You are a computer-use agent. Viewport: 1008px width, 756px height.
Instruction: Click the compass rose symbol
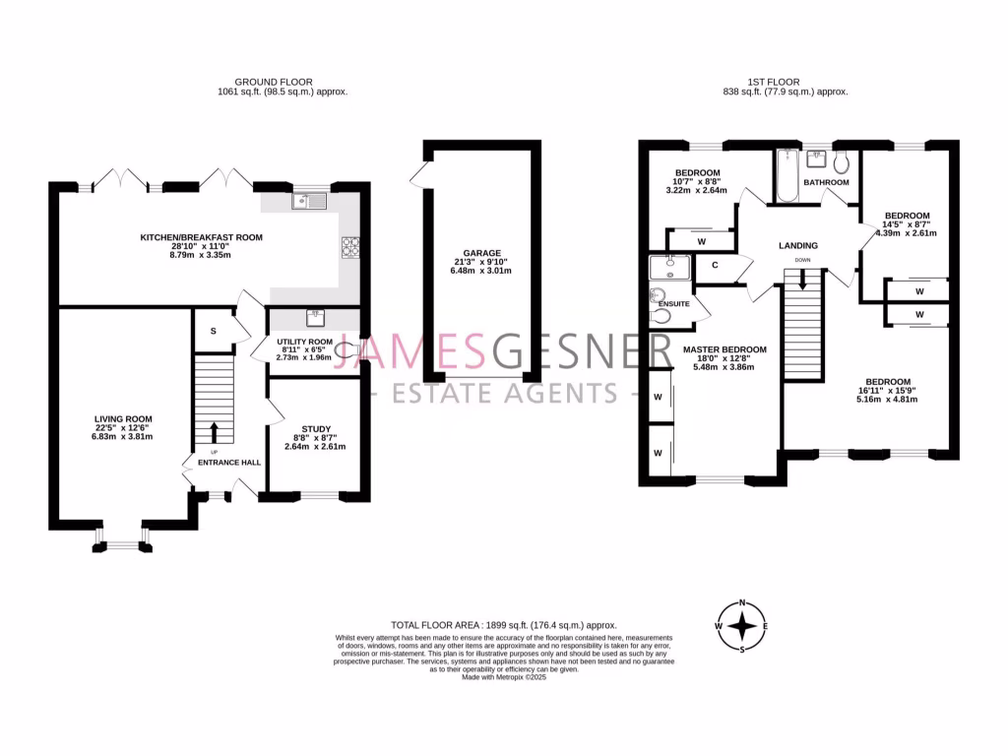click(x=741, y=625)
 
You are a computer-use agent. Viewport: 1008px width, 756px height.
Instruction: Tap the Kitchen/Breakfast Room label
click(x=201, y=237)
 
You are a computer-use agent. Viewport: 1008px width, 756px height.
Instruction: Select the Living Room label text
click(x=123, y=418)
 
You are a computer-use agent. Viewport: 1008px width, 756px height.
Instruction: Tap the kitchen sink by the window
click(x=309, y=202)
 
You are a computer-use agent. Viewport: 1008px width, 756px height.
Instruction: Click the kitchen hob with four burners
click(x=350, y=246)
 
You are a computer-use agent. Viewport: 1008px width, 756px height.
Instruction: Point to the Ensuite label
click(x=673, y=304)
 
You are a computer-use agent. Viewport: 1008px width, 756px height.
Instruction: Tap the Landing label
click(x=797, y=245)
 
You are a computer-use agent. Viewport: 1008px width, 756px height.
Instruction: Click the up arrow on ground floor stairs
click(x=213, y=432)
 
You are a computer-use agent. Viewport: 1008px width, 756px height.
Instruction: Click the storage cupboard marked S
click(x=214, y=332)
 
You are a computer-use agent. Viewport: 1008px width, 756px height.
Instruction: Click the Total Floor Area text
click(x=503, y=625)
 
